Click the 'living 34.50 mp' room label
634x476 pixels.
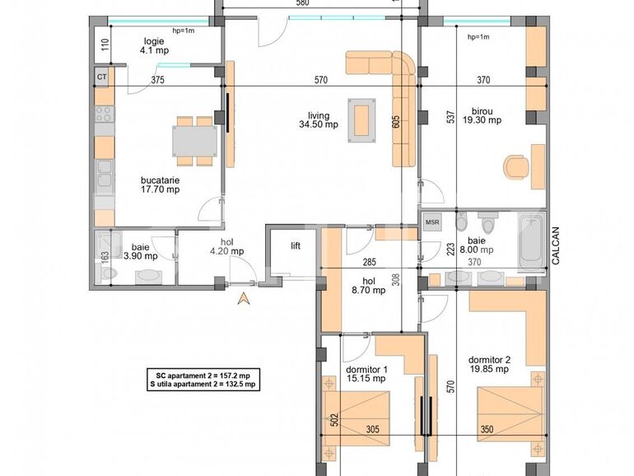pos(319,120)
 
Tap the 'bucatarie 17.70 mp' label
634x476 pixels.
pos(160,184)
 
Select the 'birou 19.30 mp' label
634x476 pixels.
pos(482,114)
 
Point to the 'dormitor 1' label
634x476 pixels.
pos(366,372)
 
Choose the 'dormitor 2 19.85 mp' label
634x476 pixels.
pos(489,364)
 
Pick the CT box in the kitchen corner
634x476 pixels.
pos(102,77)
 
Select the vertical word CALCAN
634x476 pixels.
pos(557,246)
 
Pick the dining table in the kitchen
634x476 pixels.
pos(195,139)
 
